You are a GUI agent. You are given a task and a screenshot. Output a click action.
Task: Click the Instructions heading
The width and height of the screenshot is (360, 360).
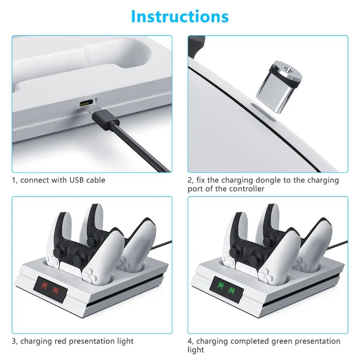pyautogui.click(x=180, y=17)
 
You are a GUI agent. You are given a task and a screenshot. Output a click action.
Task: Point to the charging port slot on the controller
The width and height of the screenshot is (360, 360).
pyautogui.click(x=263, y=112)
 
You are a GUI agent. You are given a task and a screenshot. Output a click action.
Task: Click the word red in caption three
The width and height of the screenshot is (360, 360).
pyautogui.click(x=60, y=341)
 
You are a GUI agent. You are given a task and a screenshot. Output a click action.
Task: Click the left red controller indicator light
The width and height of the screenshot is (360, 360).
pyautogui.click(x=44, y=285)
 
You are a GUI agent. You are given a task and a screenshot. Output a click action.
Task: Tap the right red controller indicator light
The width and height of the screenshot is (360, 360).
pyautogui.click(x=55, y=290)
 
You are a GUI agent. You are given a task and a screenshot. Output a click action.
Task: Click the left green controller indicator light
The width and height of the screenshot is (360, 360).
pyautogui.click(x=220, y=285)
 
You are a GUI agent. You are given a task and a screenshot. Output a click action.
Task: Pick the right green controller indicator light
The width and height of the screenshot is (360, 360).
pyautogui.click(x=231, y=290)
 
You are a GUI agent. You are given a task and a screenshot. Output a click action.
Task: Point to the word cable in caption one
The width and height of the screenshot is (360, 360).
pyautogui.click(x=96, y=180)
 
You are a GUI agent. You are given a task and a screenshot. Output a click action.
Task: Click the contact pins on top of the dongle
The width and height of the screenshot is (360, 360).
pyautogui.click(x=287, y=69)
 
